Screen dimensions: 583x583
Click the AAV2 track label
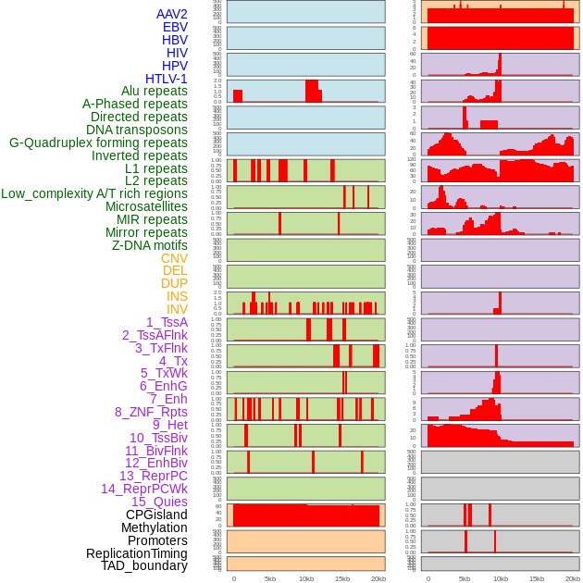coord(171,15)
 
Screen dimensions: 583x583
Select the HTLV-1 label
coord(166,79)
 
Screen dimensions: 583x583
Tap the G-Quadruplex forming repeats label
coord(98,143)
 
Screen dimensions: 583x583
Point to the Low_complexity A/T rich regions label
coord(94,193)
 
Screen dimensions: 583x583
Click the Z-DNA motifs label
coord(149,245)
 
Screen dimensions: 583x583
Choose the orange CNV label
coord(174,258)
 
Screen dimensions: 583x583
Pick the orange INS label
coord(177,296)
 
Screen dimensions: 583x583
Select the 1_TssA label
coord(167,322)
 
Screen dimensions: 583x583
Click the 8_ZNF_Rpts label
coord(151,412)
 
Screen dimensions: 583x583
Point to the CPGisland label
coord(156,515)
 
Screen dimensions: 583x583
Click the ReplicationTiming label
coord(136,553)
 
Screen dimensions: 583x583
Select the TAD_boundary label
coord(143,565)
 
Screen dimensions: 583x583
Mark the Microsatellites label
coord(146,206)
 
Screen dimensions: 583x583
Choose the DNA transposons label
coord(136,130)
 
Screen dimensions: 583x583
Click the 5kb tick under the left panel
coord(270,578)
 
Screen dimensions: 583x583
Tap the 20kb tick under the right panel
coord(573,578)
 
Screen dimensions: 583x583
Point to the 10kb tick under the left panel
coord(306,578)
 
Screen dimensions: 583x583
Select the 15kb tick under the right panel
coord(537,578)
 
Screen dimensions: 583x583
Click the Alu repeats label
coord(154,91)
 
